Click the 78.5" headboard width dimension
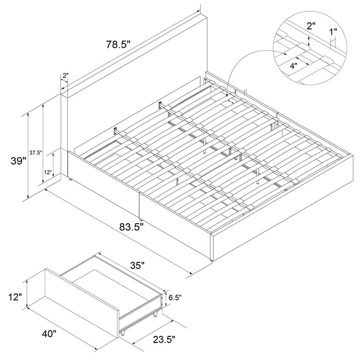(x=118, y=45)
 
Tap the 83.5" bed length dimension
(x=131, y=227)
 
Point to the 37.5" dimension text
(x=35, y=153)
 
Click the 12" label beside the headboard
(x=48, y=172)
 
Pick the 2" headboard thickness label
(x=65, y=76)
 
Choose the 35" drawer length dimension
(x=137, y=266)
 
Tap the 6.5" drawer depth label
(x=175, y=298)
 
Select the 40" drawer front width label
(x=49, y=334)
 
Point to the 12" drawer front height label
(x=15, y=297)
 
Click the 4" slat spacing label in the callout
(x=294, y=66)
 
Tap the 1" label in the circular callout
(x=333, y=32)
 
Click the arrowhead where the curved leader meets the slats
(x=227, y=95)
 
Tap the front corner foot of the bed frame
(x=211, y=260)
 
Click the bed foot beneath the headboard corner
(x=70, y=178)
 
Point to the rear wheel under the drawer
(x=155, y=315)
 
